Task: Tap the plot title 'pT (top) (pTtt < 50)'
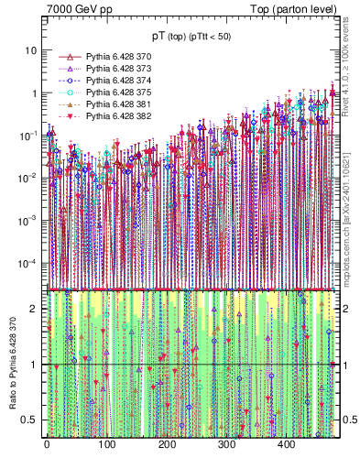tap(191, 36)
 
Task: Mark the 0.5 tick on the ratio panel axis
tap(34, 420)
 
